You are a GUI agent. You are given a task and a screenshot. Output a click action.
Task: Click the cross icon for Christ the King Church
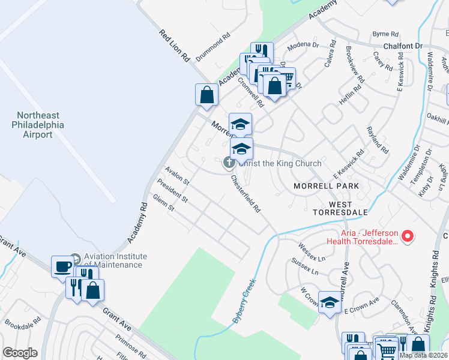coord(229,163)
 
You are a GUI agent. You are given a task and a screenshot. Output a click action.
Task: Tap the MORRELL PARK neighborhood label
coord(326,186)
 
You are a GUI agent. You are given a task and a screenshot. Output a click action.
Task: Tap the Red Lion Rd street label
coord(175,46)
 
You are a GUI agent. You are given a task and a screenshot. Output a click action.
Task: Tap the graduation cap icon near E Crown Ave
coord(330,303)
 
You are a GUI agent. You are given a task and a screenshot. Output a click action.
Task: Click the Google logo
coord(20,353)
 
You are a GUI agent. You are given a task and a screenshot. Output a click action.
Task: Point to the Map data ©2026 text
coord(424,355)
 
